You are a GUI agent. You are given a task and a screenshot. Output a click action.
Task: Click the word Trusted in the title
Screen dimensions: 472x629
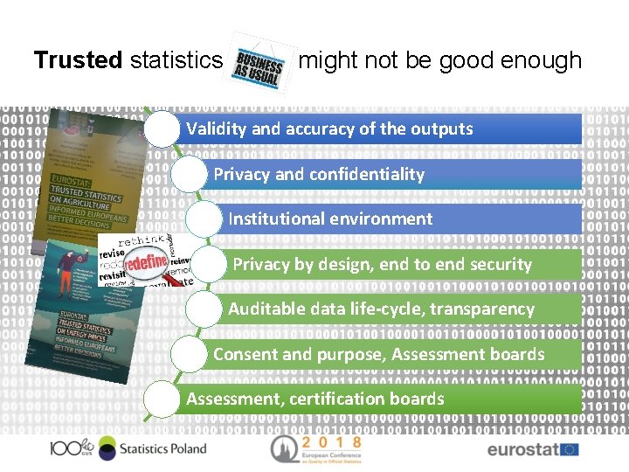tap(78, 60)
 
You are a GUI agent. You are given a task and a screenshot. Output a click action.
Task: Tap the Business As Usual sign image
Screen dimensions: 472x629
tap(259, 63)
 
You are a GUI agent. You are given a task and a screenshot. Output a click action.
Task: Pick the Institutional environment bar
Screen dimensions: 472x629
tap(411, 219)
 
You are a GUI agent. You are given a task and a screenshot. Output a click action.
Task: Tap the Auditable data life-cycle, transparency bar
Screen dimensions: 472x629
tap(411, 309)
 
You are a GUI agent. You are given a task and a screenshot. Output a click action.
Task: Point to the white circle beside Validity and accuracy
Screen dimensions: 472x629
tap(162, 129)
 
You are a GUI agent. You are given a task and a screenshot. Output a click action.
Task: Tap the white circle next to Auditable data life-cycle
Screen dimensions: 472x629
tap(205, 309)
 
